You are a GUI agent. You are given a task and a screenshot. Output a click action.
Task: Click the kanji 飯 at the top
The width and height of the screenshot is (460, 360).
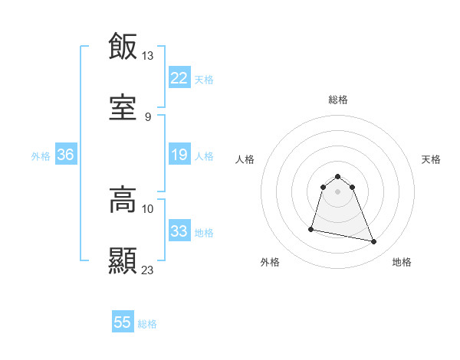(x=123, y=46)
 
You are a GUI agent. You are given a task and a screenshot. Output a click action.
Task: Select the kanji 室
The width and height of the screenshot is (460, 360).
(x=123, y=108)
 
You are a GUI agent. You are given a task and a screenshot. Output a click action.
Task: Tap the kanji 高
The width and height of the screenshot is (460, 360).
(x=123, y=200)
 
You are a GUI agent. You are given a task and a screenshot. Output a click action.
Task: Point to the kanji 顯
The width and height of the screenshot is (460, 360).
(x=123, y=260)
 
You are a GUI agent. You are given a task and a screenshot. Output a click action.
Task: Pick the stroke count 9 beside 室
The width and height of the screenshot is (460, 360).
(x=147, y=116)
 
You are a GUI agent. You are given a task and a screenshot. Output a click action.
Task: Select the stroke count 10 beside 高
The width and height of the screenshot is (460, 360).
(x=148, y=208)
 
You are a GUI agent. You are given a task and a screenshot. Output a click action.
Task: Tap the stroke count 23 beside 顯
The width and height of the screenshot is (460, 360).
(x=148, y=270)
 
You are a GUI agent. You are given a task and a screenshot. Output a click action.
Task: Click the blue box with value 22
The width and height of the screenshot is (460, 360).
(x=179, y=78)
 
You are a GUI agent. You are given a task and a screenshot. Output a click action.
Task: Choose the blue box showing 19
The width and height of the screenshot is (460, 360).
(x=179, y=155)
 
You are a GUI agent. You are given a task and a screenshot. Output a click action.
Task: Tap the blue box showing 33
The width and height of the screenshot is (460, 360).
(x=179, y=231)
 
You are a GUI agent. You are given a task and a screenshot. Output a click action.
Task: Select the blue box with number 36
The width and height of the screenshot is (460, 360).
(x=66, y=155)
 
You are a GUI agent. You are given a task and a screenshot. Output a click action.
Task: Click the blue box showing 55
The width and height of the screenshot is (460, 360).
(x=123, y=322)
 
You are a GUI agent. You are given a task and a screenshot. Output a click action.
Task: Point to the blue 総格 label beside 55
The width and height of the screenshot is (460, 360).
(x=147, y=324)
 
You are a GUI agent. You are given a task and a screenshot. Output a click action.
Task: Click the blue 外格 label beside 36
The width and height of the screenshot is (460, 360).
(x=41, y=155)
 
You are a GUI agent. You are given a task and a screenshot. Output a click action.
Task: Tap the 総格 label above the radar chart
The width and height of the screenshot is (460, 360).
(x=338, y=100)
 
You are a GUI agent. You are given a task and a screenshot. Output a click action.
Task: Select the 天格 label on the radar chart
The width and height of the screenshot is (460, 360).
(x=432, y=159)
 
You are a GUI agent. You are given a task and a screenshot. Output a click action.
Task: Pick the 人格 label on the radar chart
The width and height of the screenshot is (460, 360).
(x=245, y=159)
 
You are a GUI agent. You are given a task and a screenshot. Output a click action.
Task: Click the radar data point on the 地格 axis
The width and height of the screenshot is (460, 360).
(x=374, y=242)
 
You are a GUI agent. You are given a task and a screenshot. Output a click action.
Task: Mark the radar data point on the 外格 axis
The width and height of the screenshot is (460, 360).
(x=311, y=228)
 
